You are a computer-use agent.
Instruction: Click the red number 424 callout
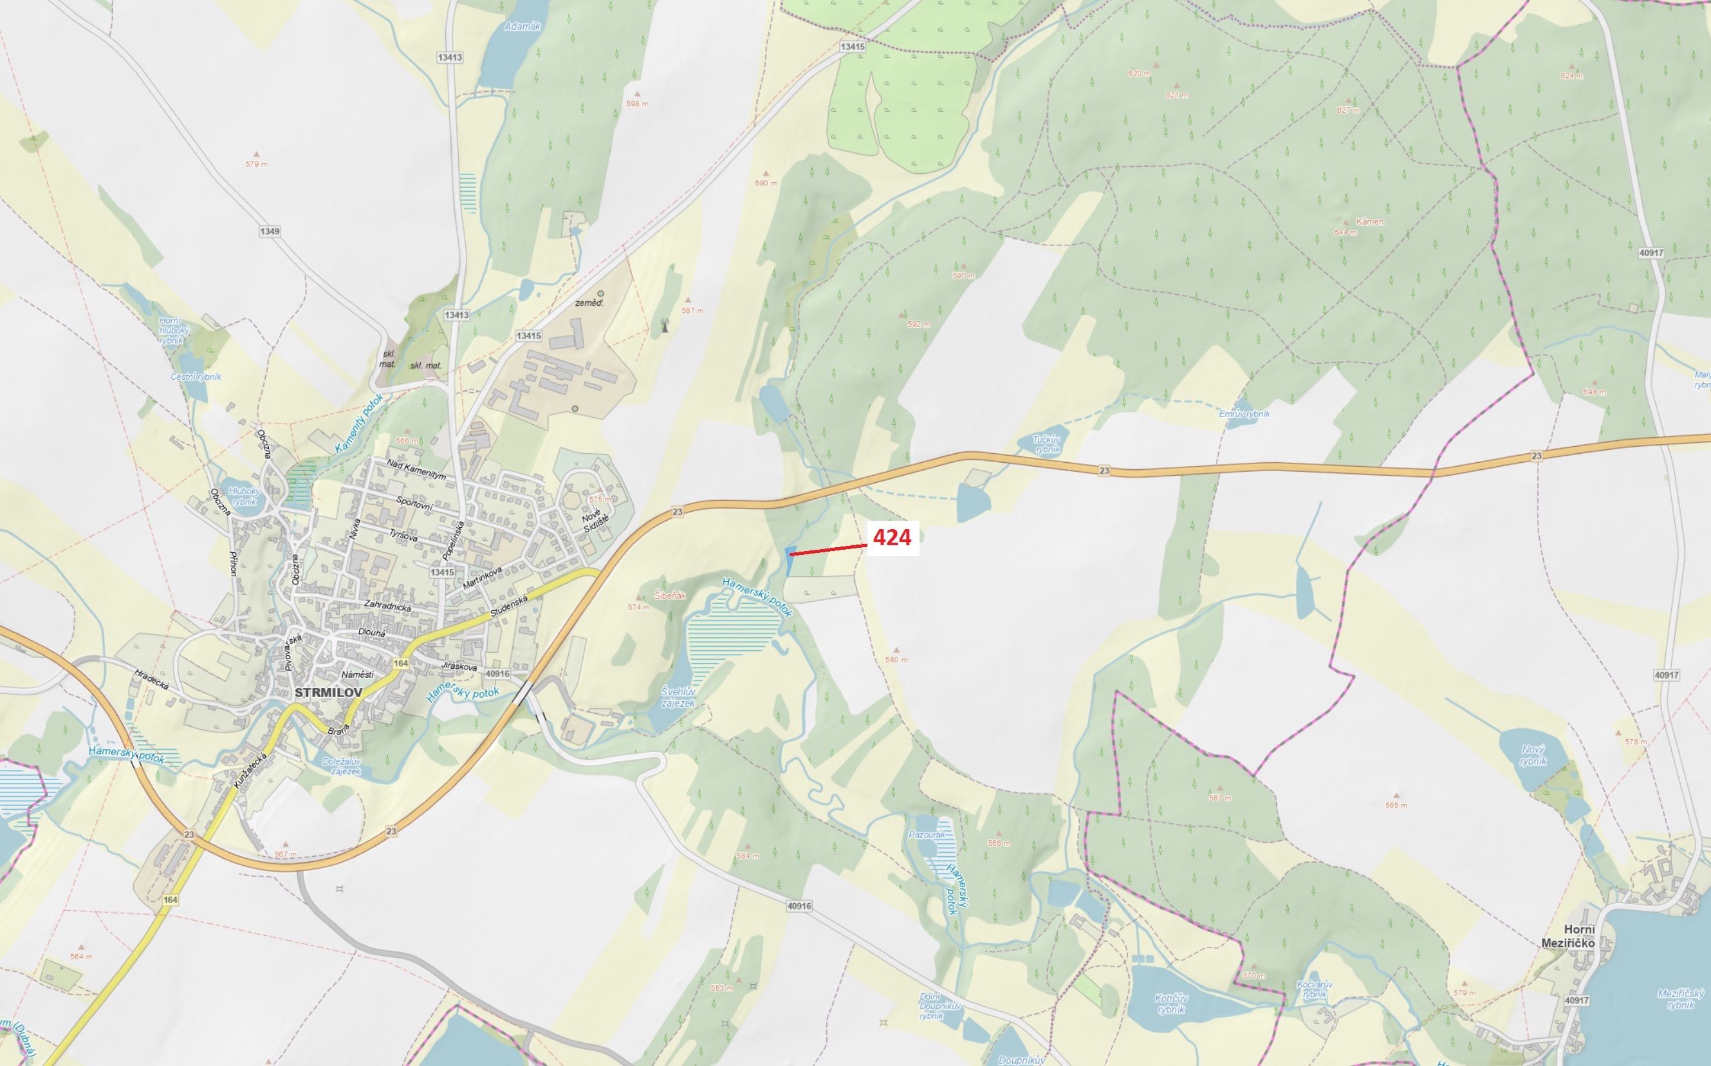point(892,538)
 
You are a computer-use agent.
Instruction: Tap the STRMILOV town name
point(328,693)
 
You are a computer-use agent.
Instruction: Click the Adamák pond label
point(522,27)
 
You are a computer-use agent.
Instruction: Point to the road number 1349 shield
point(269,231)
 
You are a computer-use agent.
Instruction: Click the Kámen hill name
point(1369,221)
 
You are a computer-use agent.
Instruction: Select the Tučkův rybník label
point(1046,444)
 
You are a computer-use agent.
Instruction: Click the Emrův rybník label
point(1244,414)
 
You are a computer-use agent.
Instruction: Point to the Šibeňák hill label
point(669,595)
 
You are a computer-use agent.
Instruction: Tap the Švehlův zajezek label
point(678,697)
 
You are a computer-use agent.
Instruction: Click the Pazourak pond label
point(927,835)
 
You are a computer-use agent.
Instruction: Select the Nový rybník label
point(1533,755)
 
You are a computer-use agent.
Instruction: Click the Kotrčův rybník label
point(1171,1004)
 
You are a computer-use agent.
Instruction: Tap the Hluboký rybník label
point(244,496)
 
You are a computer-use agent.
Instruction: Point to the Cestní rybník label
point(196,377)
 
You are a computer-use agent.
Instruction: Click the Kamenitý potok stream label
point(360,424)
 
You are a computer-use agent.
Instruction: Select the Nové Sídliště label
point(595,520)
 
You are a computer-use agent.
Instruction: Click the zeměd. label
point(589,303)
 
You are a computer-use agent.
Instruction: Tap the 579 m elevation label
point(257,164)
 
